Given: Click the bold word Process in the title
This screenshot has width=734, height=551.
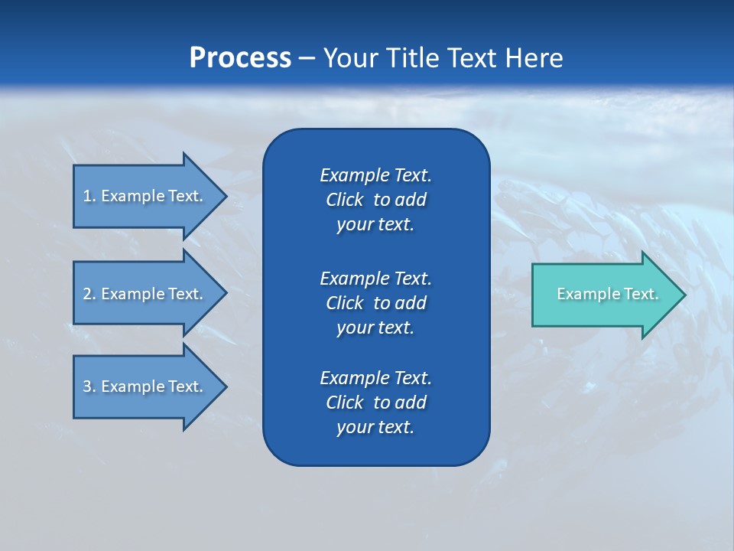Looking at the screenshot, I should (240, 58).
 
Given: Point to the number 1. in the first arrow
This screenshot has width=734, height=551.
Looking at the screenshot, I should (89, 196).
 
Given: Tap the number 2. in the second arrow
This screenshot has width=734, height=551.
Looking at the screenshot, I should (89, 294).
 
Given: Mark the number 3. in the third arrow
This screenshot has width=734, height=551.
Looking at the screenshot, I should (89, 386).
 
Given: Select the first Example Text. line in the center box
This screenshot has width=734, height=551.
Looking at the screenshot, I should (375, 175).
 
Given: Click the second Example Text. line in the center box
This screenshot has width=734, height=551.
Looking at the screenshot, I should (375, 278).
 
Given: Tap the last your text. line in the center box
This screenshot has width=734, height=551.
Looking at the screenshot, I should (375, 428).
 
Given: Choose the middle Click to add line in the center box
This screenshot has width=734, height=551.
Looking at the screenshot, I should (375, 303).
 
